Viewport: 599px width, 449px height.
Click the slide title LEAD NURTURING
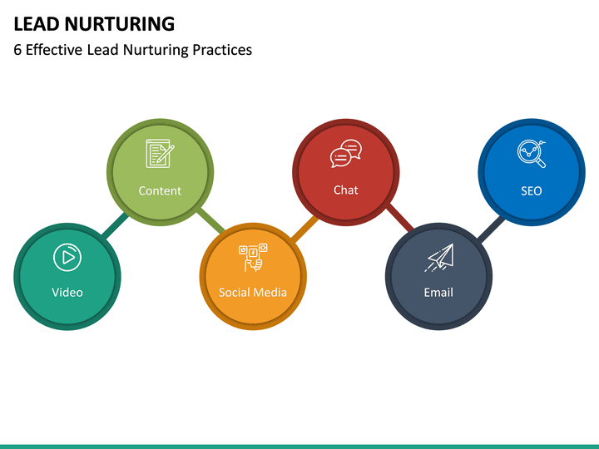94,23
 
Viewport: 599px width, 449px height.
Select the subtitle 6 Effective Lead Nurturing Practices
132,50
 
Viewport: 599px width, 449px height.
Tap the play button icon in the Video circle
67,258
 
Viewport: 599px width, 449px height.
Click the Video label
67,292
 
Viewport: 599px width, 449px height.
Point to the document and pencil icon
160,155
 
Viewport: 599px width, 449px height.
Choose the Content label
160,190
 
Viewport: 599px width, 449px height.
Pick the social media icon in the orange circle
253,258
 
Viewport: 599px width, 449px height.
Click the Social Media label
253,292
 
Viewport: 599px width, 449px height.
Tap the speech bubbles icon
346,155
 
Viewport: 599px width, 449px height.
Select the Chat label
346,190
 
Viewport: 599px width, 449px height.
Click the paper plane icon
439,258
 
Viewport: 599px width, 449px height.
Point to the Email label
438,292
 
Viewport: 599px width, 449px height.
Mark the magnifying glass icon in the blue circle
531,153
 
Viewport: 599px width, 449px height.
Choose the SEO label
532,190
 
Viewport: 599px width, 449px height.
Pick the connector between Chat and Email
398,218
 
